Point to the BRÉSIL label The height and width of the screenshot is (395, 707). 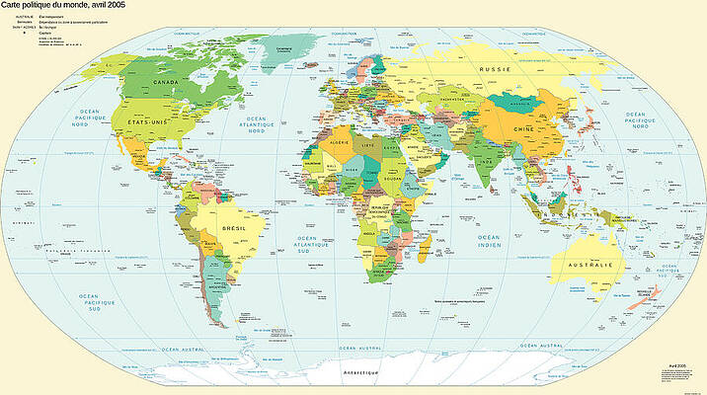pos(235,228)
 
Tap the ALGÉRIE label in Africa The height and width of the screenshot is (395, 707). pos(339,143)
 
